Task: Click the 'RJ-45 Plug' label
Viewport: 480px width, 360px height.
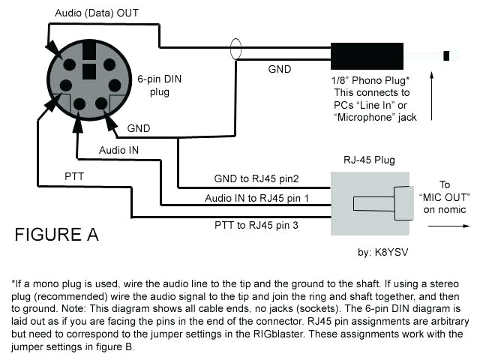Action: pos(370,160)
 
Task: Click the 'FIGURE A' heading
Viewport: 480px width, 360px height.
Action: pos(56,235)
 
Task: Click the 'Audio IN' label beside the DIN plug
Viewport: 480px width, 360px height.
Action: pos(119,150)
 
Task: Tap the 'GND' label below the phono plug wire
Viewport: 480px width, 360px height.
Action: pos(280,68)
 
